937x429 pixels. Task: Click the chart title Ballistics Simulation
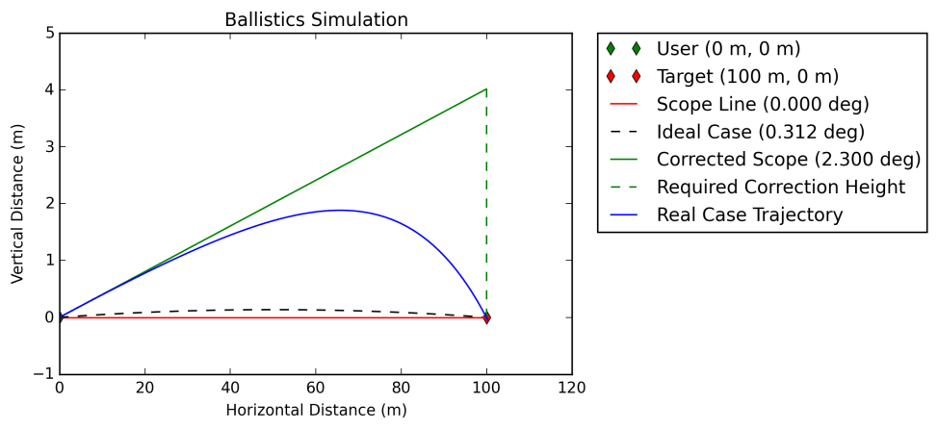(x=316, y=19)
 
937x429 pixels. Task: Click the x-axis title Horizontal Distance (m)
(x=316, y=410)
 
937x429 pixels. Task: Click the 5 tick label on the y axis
(x=47, y=34)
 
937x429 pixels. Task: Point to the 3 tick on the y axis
(x=47, y=147)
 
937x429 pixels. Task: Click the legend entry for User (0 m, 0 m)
(x=727, y=48)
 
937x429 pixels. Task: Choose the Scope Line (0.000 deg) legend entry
(x=761, y=104)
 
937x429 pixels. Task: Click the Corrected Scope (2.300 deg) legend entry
(x=788, y=159)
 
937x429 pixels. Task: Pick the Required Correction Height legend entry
(x=780, y=187)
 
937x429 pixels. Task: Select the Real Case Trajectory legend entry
(x=749, y=214)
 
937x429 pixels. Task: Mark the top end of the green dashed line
(x=486, y=90)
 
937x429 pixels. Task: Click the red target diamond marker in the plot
(x=486, y=317)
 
